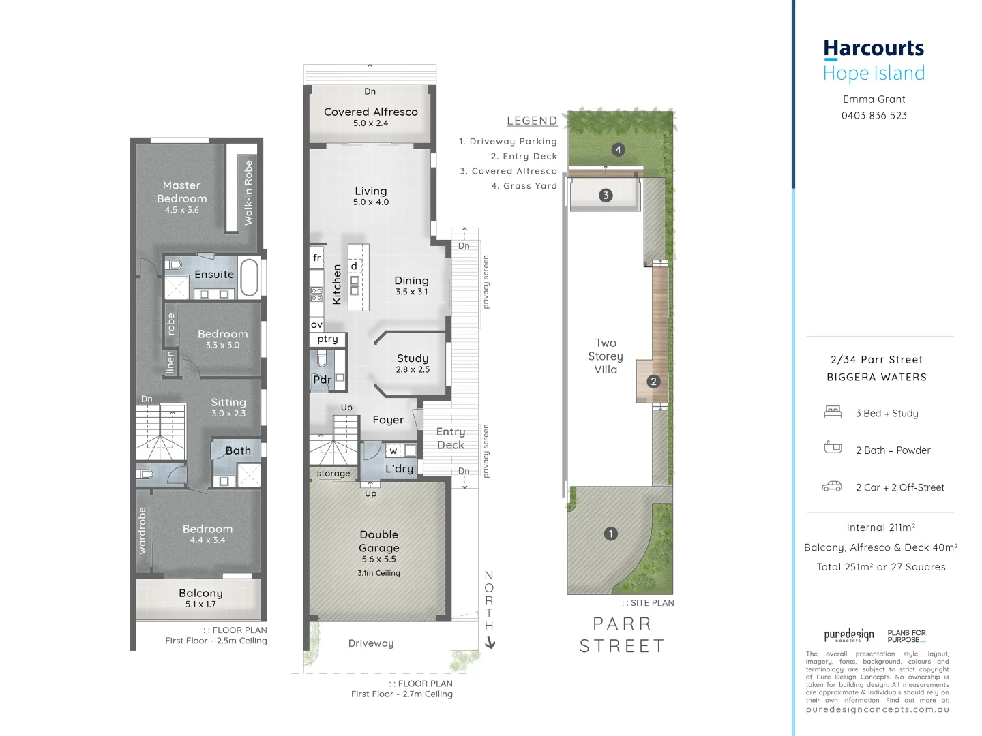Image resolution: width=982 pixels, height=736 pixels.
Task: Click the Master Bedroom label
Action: coord(181,191)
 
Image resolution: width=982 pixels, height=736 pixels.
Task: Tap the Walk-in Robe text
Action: coord(248,193)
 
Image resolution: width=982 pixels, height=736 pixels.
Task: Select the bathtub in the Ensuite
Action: coord(249,277)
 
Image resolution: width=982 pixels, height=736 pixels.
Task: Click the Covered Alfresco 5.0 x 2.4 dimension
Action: coord(370,123)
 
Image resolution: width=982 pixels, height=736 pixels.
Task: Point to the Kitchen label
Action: coord(336,284)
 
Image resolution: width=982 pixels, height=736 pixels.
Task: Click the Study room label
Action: coord(413,358)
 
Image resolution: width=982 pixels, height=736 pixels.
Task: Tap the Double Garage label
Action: coord(378,541)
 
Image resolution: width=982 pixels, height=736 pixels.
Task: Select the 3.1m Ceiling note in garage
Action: coord(378,573)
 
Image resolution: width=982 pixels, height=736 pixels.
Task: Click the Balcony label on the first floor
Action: coord(200,593)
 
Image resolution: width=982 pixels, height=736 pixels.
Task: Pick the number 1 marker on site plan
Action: coord(611,534)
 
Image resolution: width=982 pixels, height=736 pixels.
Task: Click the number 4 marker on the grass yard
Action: coord(618,150)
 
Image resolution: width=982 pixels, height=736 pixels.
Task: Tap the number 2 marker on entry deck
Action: coord(653,382)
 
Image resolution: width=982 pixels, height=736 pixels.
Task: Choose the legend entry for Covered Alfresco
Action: coord(508,171)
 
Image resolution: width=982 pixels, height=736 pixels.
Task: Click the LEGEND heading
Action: coord(532,121)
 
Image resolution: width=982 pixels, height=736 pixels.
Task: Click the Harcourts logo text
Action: coord(874,48)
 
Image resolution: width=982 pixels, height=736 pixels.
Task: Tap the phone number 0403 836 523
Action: coord(874,116)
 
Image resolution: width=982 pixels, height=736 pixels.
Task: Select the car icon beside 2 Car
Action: coord(832,487)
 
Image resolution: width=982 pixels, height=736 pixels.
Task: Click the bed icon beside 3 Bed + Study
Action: coord(833,412)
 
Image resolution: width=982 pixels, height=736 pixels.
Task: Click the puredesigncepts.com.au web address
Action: coord(877,709)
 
